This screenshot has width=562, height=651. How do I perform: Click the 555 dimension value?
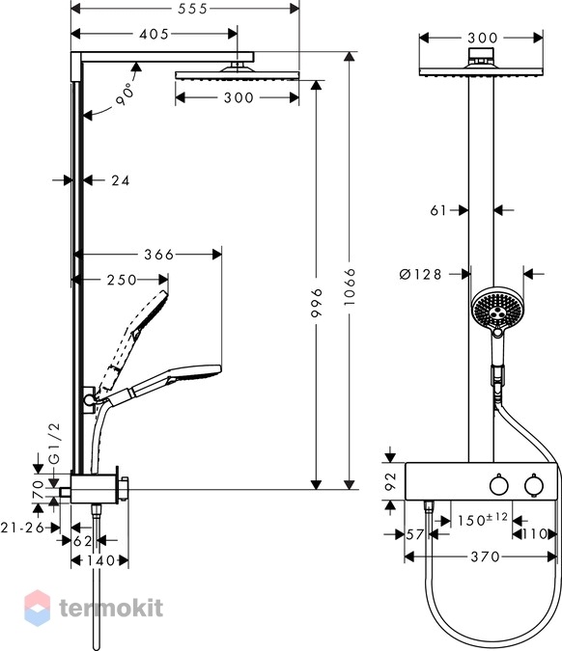pos(192,9)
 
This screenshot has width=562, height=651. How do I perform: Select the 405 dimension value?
pos(155,34)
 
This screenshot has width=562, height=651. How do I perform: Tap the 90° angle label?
pos(126,95)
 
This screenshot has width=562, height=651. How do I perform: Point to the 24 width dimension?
pos(120,180)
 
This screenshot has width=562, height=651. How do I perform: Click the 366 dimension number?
pos(158,255)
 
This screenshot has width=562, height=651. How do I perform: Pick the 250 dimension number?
pos(122,281)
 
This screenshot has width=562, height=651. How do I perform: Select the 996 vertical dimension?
pos(317,303)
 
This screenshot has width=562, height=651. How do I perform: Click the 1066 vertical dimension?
pos(350,286)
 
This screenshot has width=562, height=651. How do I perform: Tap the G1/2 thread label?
pos(54,443)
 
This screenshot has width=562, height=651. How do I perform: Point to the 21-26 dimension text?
pos(22,528)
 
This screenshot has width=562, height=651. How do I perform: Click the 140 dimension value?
pos(100,561)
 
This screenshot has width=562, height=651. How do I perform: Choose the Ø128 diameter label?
pos(420,275)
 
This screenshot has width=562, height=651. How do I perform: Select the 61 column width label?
pos(438,210)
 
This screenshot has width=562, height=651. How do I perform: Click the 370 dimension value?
pos(485,556)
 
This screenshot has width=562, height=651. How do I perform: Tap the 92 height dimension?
pos(391,481)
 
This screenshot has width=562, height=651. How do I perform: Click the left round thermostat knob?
pos(499,485)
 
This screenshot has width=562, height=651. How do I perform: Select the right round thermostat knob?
pos(534,485)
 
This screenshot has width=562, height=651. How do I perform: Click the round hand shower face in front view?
pos(497,308)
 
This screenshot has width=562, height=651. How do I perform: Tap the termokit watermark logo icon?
pos(38,608)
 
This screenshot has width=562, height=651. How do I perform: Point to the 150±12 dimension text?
pos(483,520)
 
